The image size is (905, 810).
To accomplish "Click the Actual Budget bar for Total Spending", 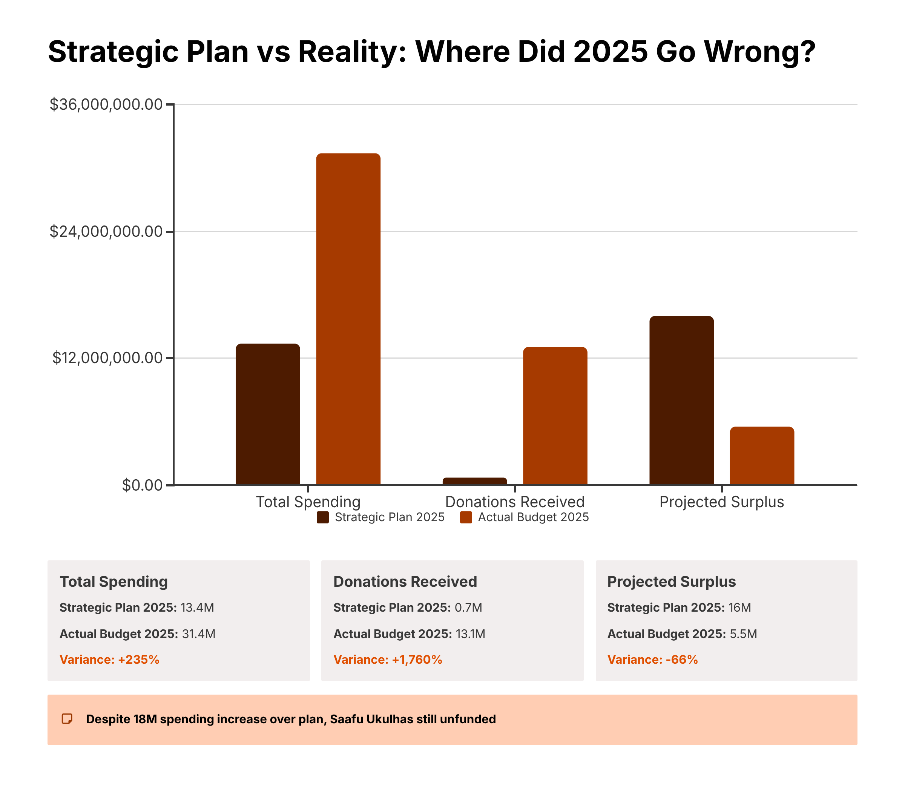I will tap(348, 318).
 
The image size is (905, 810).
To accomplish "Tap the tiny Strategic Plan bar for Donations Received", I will tap(474, 481).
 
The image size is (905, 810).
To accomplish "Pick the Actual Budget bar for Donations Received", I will tap(555, 415).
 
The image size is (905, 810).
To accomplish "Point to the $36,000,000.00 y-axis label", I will tap(106, 104).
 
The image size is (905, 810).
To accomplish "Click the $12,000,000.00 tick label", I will tap(107, 358).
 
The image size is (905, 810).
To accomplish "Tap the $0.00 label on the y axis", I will tap(143, 485).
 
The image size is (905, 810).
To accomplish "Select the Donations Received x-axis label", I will tap(515, 502).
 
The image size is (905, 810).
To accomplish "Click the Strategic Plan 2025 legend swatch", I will tap(322, 517).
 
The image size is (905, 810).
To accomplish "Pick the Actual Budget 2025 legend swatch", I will tap(466, 517).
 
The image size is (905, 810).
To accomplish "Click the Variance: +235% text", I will tap(109, 660).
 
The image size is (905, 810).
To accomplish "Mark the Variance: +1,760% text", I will tap(388, 660).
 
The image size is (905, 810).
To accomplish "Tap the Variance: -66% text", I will tap(652, 660).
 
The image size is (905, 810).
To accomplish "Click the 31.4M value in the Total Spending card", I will tap(198, 634).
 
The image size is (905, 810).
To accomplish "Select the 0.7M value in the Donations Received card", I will tap(468, 607).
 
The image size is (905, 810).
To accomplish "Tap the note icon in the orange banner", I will tap(67, 719).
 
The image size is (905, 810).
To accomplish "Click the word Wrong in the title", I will tap(759, 52).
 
